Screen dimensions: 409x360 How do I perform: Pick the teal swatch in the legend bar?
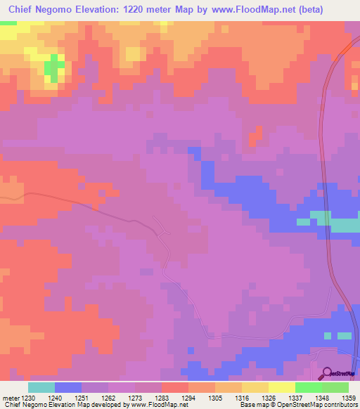(x=41, y=387)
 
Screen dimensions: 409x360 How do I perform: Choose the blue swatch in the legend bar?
(x=68, y=387)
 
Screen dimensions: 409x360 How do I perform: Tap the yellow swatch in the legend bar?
(x=282, y=387)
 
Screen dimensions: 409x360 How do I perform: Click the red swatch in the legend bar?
(x=175, y=387)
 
